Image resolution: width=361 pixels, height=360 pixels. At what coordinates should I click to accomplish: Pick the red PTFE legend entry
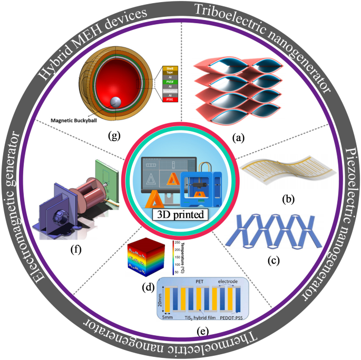171,100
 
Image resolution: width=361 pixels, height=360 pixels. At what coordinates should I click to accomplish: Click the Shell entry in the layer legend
171,68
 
